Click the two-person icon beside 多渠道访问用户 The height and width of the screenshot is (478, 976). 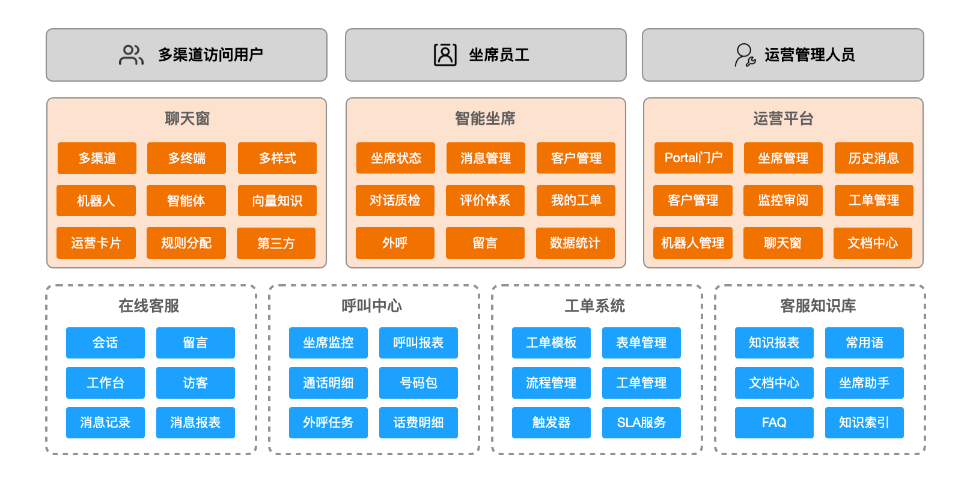click(131, 55)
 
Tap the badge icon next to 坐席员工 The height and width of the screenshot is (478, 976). click(445, 55)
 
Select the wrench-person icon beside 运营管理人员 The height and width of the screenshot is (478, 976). click(745, 55)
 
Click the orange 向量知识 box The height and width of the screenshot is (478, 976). click(277, 201)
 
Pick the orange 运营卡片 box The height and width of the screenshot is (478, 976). click(96, 243)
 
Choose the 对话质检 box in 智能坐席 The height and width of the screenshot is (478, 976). click(395, 201)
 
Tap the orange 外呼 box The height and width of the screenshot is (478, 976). click(395, 243)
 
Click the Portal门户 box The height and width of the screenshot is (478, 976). click(693, 158)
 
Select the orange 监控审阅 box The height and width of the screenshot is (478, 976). click(783, 201)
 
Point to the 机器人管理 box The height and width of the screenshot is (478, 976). click(693, 243)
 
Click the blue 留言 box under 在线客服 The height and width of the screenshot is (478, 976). click(195, 343)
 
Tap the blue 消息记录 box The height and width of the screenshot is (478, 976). click(105, 423)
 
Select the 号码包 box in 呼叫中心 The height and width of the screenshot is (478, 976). click(418, 383)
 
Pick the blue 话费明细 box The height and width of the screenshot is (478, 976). click(418, 423)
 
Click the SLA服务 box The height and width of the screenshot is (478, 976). click(641, 423)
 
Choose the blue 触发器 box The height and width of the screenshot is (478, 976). click(551, 423)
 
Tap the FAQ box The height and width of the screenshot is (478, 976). click(774, 423)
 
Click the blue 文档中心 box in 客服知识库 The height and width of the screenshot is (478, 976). click(774, 383)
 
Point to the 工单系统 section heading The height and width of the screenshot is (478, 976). click(595, 306)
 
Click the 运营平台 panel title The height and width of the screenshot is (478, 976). click(783, 118)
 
